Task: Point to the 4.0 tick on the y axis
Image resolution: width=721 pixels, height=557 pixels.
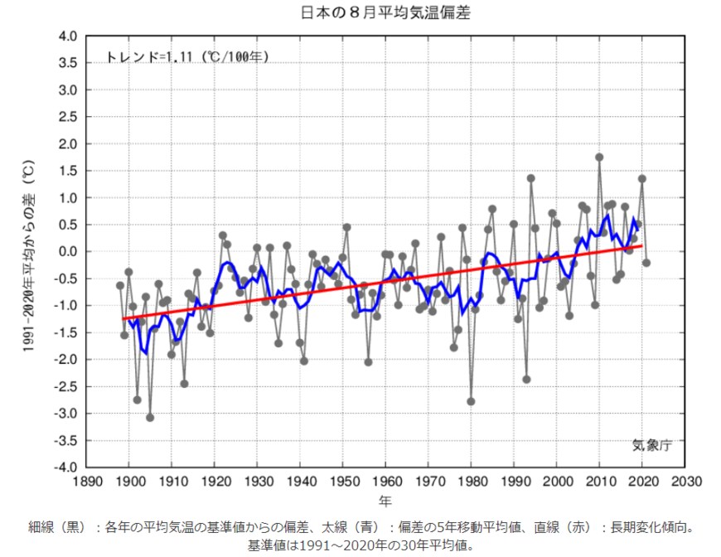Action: pos(67,36)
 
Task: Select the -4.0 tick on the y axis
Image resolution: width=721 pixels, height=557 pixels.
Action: pos(65,467)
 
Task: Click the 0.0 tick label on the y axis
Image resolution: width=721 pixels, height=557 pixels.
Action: pos(67,252)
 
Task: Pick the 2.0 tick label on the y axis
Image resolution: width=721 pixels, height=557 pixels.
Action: pos(67,144)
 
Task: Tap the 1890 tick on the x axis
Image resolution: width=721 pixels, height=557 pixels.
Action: pos(86,482)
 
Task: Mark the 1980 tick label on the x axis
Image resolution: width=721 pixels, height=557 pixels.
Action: pos(472,482)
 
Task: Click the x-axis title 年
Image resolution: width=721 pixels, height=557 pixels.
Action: pos(386,501)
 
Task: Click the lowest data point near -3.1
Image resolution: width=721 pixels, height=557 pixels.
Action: pos(150,418)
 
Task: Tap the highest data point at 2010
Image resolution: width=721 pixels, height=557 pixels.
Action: pos(599,157)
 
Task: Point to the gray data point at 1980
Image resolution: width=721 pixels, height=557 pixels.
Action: pos(471,401)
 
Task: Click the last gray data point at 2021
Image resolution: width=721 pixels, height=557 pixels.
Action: pos(646,263)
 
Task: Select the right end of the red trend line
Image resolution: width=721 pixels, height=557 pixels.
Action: pos(642,245)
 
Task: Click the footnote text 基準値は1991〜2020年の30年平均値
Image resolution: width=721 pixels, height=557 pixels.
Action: pos(360,545)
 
